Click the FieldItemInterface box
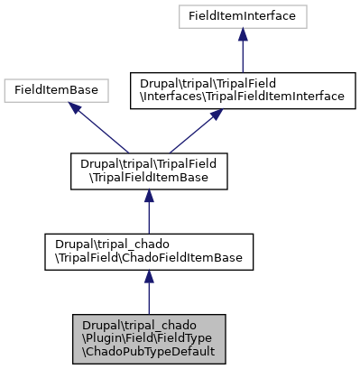point(243,16)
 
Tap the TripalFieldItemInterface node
point(243,89)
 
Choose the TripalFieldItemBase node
point(148,171)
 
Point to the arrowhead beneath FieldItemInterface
point(243,35)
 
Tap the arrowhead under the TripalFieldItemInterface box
point(215,115)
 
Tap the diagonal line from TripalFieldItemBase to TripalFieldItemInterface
point(188,135)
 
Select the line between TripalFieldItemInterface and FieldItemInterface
point(243,56)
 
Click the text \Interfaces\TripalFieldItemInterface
point(243,96)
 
